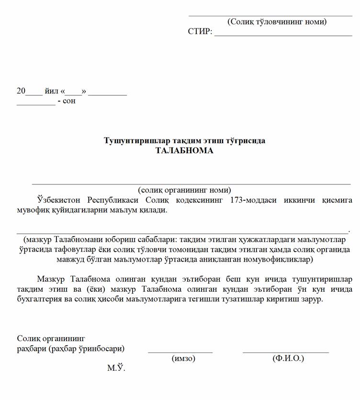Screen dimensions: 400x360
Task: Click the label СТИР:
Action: (x=200, y=32)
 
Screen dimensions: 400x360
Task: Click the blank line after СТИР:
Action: (x=283, y=35)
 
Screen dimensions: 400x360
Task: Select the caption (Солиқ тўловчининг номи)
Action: (x=277, y=22)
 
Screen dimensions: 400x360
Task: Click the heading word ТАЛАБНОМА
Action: (x=184, y=150)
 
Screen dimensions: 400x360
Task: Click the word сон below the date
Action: (x=69, y=101)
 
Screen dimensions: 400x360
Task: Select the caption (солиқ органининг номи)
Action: (x=184, y=190)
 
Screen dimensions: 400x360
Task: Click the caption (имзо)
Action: (x=183, y=358)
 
